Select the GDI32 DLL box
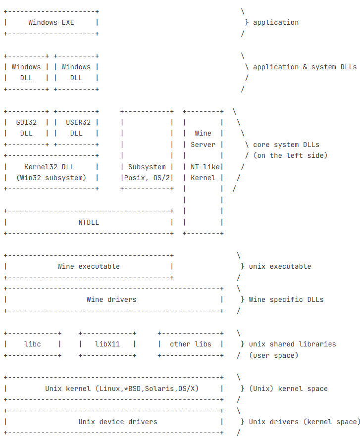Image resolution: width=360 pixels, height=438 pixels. (x=26, y=128)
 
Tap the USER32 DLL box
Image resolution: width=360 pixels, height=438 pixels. (x=76, y=128)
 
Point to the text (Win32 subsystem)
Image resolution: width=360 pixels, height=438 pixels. (x=51, y=178)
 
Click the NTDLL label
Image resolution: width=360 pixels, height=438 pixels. (x=89, y=222)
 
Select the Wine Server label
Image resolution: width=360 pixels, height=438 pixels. (x=203, y=139)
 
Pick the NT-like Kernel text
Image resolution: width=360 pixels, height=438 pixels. (x=203, y=172)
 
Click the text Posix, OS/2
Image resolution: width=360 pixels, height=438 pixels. (x=147, y=178)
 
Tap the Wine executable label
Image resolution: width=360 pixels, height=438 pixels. (x=89, y=266)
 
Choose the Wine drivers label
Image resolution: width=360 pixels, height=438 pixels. (x=111, y=299)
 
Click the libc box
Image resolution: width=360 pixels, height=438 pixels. (x=33, y=344)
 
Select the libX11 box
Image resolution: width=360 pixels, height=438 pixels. (x=107, y=344)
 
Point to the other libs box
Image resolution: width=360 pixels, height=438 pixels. (x=191, y=344)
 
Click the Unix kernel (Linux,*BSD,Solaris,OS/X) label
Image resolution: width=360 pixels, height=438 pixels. (x=122, y=389)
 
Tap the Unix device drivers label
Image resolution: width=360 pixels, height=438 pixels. (x=118, y=422)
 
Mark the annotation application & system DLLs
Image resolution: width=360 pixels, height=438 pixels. (x=305, y=67)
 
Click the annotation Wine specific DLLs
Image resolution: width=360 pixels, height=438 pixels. (x=286, y=299)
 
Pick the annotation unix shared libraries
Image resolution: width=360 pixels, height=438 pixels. (x=292, y=344)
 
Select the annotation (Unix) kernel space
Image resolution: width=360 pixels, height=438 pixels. (x=288, y=389)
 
